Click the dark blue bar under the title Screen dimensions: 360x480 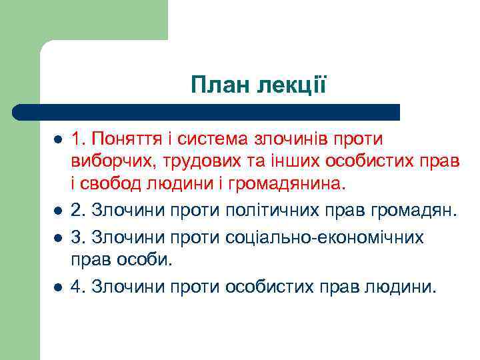[207, 111]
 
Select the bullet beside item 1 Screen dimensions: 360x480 [57, 140]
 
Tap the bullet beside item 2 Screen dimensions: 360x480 [57, 212]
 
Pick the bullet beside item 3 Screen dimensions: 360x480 [57, 237]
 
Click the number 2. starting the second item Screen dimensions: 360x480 [78, 211]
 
